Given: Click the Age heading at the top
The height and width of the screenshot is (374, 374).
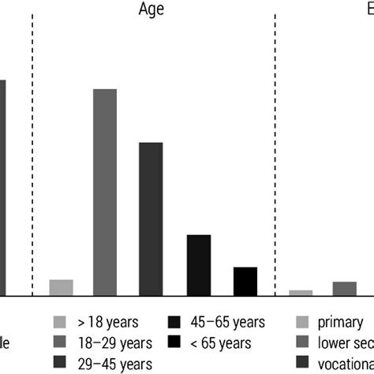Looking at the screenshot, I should pyautogui.click(x=151, y=9).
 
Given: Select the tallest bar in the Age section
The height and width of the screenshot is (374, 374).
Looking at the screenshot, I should pyautogui.click(x=105, y=192).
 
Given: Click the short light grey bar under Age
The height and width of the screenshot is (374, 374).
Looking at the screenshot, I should pyautogui.click(x=61, y=287).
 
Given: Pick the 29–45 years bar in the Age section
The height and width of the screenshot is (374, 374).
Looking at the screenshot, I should pyautogui.click(x=151, y=219).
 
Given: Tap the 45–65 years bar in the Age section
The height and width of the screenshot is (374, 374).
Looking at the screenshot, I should pyautogui.click(x=198, y=264).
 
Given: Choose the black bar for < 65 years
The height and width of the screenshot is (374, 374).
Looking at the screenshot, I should pyautogui.click(x=245, y=281).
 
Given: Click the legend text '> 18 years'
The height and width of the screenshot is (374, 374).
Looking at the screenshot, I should pyautogui.click(x=107, y=322).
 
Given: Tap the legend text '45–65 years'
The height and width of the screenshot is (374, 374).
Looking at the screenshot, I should pyautogui.click(x=227, y=322).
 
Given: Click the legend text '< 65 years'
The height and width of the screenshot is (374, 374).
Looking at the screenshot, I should pyautogui.click(x=222, y=342).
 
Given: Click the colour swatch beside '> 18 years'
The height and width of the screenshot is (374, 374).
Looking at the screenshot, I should pyautogui.click(x=60, y=322).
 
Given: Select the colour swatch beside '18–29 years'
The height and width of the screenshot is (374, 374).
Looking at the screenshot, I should pyautogui.click(x=60, y=342).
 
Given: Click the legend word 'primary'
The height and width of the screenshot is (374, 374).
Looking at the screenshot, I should pyautogui.click(x=340, y=322).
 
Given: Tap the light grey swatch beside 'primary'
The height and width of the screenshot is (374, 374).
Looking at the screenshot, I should pyautogui.click(x=301, y=322).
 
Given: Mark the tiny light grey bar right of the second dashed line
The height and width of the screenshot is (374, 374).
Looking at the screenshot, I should pyautogui.click(x=301, y=293).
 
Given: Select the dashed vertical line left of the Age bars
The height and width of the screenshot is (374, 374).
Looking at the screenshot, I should pyautogui.click(x=32, y=158).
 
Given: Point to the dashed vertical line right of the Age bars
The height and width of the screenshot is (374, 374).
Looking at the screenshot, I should pyautogui.click(x=275, y=158).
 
